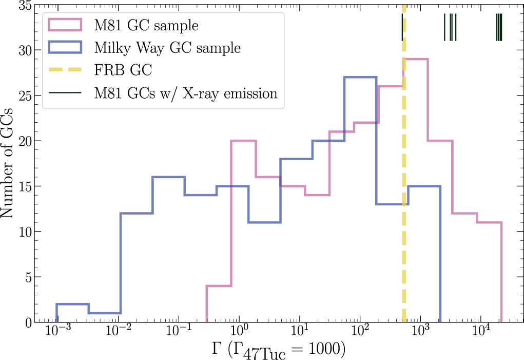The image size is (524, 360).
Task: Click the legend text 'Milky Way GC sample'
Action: click(167, 48)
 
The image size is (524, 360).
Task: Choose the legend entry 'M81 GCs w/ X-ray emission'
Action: click(185, 93)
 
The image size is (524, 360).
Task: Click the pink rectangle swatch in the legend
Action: click(65, 25)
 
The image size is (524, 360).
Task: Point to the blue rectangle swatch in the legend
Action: click(65, 48)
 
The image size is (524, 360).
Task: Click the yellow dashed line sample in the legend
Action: click(65, 70)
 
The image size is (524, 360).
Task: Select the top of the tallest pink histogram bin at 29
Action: click(416, 59)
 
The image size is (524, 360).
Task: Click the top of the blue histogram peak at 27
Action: click(360, 77)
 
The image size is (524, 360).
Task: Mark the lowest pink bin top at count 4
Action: click(219, 286)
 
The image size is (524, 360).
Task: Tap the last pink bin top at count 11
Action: click(489, 222)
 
